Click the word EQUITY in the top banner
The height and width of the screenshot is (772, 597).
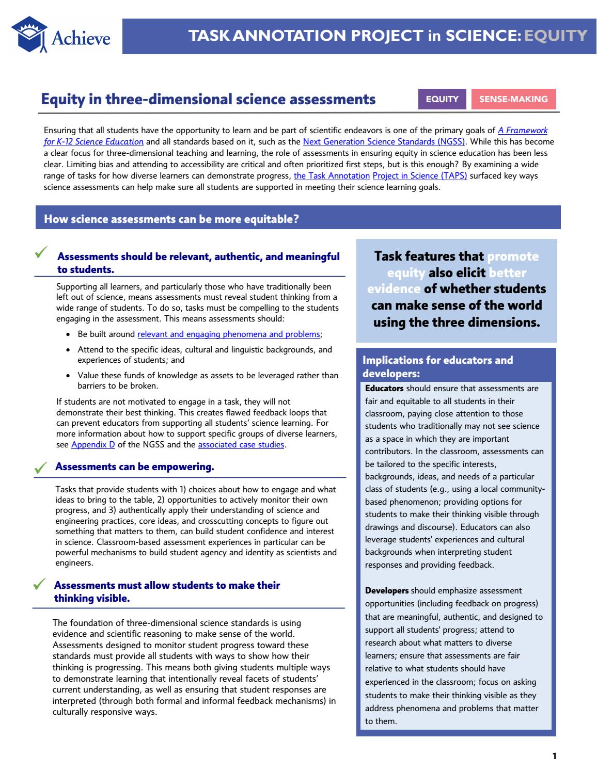[556, 35]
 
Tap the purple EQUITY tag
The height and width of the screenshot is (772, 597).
[442, 99]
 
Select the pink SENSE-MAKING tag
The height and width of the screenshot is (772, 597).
[513, 99]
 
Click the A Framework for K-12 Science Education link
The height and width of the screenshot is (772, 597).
[522, 131]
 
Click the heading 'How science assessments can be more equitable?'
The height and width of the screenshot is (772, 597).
[171, 219]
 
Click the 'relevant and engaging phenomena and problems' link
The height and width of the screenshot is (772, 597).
[228, 334]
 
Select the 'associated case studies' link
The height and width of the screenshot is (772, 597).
[241, 444]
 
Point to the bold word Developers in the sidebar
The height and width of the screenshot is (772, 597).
[387, 590]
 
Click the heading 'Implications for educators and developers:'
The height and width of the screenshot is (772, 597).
[438, 366]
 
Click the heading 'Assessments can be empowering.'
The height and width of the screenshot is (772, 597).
[134, 467]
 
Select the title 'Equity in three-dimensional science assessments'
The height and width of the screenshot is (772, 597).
[208, 99]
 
